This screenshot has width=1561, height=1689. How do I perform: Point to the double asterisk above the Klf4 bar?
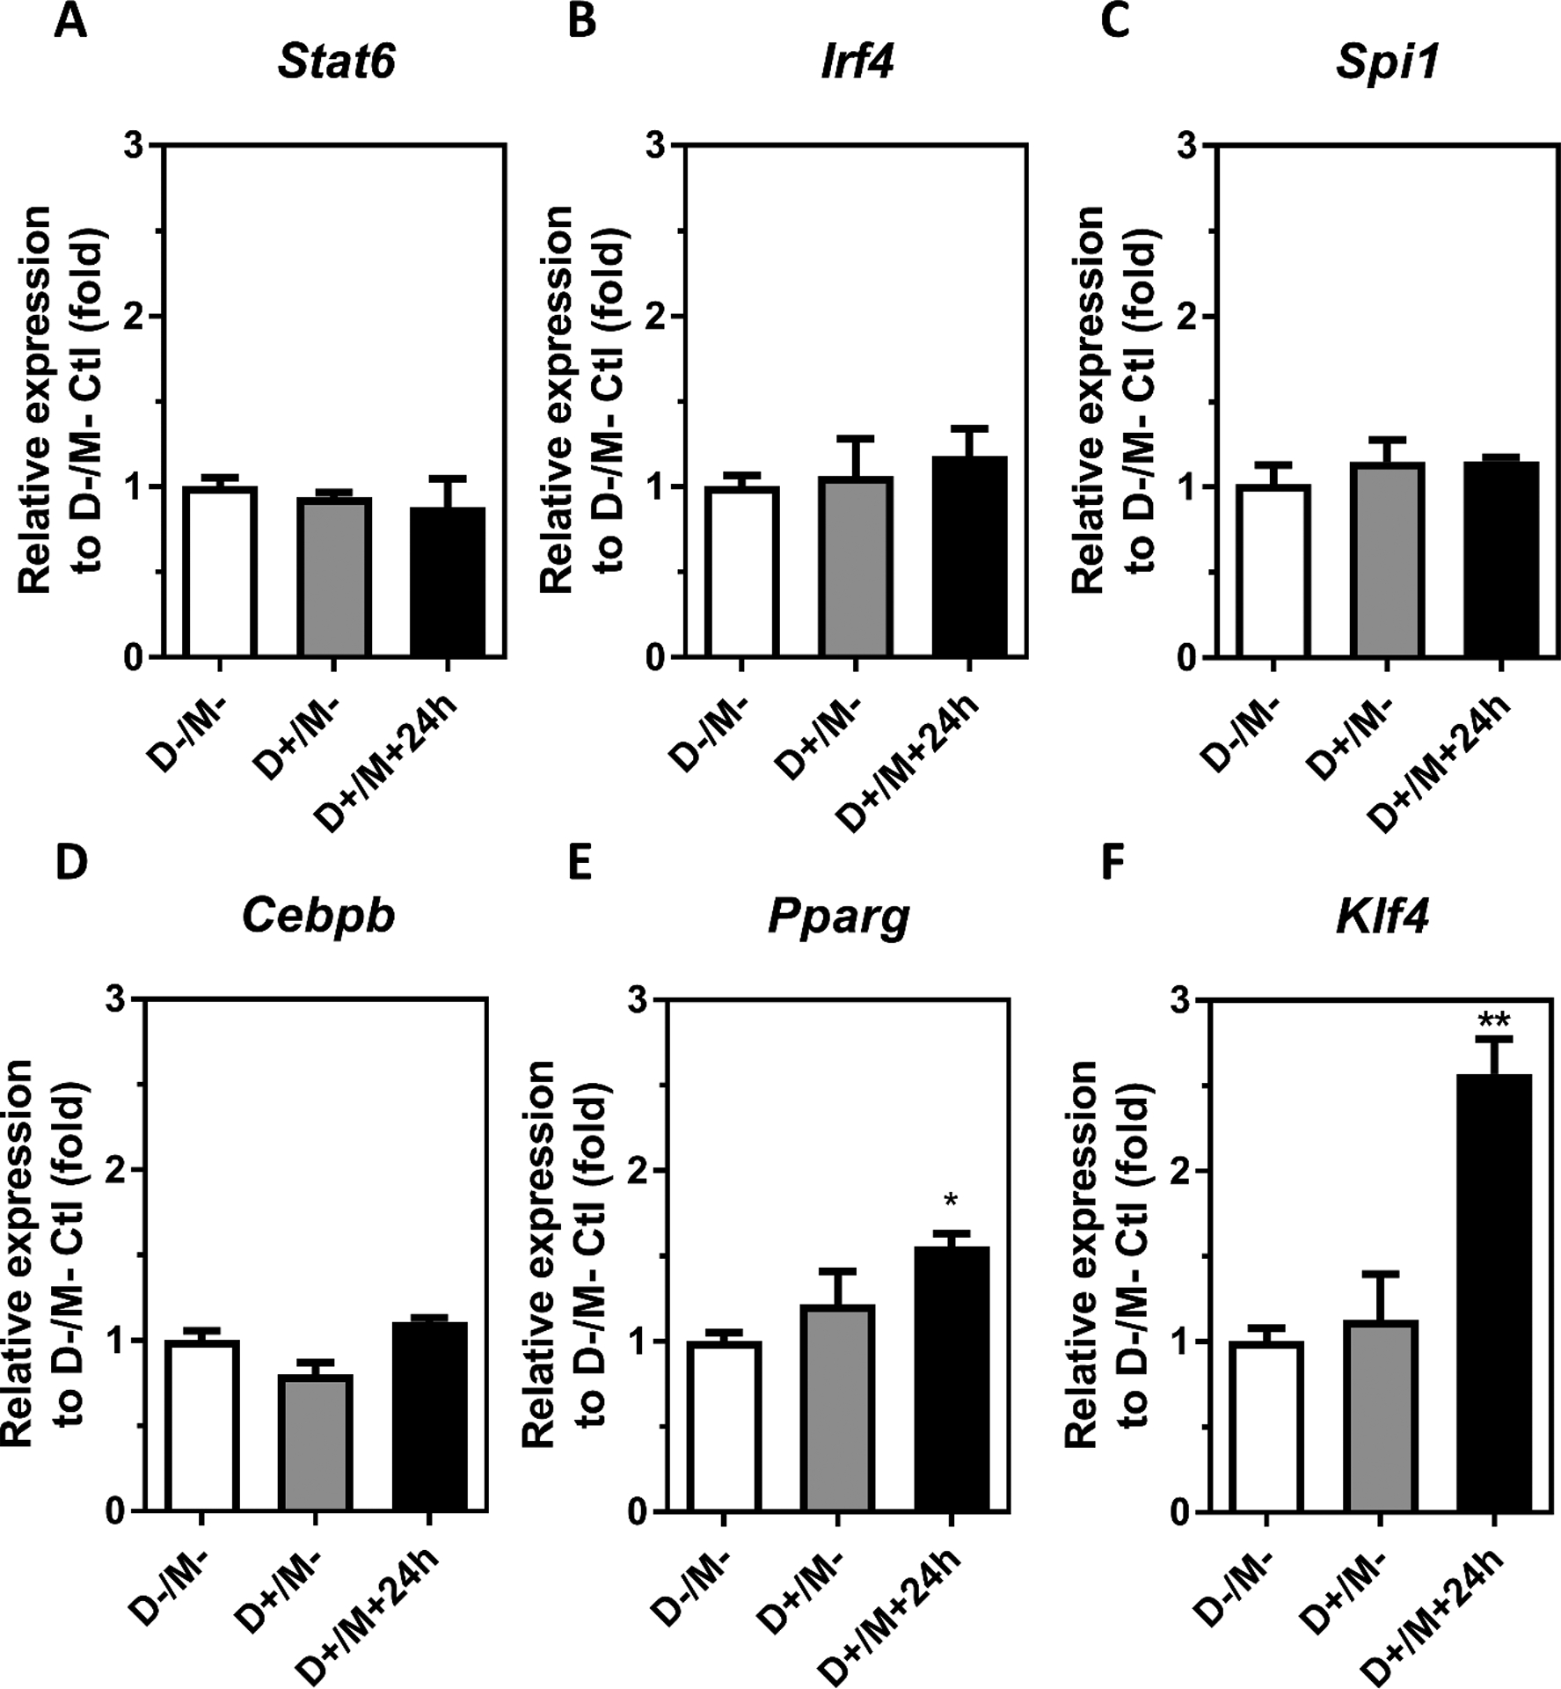[1494, 1020]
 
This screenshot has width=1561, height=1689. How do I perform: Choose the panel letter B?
[581, 21]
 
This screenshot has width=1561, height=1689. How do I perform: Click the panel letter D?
[70, 864]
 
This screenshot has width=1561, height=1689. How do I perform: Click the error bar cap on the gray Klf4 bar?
[1380, 1273]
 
